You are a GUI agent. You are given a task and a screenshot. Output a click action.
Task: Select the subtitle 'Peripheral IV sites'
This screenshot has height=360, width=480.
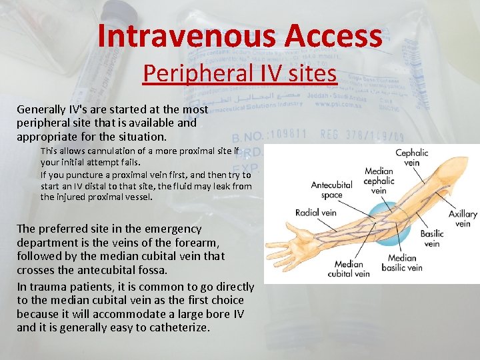(240, 73)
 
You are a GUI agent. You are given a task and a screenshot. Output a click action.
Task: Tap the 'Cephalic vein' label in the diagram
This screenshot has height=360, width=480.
(412, 157)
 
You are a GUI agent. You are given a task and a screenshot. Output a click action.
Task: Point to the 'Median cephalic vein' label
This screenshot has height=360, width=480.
(379, 181)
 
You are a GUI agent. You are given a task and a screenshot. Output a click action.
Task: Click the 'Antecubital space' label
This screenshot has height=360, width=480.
(331, 190)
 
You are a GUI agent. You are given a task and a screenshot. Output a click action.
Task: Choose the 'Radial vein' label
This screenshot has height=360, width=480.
(317, 213)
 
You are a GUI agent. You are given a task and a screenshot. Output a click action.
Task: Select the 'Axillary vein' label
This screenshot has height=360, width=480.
(463, 219)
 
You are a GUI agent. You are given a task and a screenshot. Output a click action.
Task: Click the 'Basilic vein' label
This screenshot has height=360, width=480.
(432, 239)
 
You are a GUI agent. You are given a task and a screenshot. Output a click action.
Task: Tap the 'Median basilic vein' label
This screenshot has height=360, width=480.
(402, 263)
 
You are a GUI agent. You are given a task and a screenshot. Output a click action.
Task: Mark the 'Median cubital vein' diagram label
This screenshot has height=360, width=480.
(349, 269)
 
